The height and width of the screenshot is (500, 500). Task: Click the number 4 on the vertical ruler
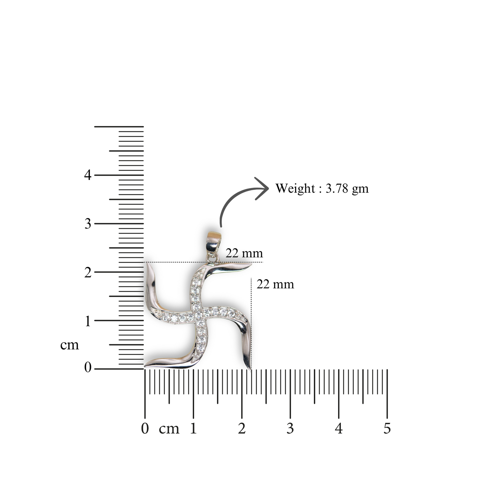click(88, 175)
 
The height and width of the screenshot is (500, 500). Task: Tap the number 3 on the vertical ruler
click(88, 224)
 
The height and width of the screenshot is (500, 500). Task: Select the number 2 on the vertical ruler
click(88, 272)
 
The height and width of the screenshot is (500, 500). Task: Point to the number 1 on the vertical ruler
click(88, 321)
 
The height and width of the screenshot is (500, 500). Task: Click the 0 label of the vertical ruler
click(88, 367)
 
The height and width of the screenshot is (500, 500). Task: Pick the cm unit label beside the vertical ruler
click(70, 345)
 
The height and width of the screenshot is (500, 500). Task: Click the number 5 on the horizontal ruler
click(387, 428)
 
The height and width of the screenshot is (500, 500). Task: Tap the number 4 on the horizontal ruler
click(339, 428)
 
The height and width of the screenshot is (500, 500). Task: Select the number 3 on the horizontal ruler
click(290, 428)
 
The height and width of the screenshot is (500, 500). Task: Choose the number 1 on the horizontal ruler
click(193, 428)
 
